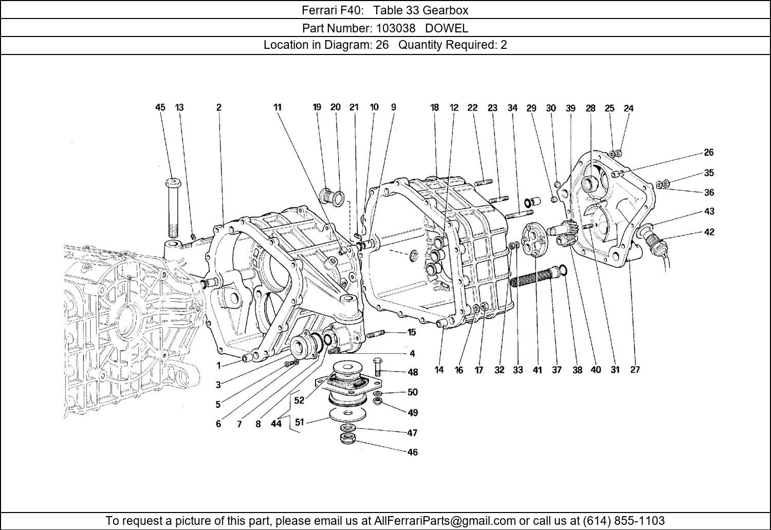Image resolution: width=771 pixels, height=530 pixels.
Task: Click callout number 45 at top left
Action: tap(160, 107)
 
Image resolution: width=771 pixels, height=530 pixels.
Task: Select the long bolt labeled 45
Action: tap(173, 208)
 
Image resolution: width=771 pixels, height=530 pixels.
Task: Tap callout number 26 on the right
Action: tap(709, 152)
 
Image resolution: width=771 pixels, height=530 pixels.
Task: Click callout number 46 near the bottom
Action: tap(412, 452)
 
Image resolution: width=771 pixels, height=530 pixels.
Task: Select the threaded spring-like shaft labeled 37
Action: tap(533, 280)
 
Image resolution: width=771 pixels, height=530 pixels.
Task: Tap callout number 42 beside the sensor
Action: tap(709, 232)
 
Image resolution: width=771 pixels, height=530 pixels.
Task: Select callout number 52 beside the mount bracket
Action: tap(299, 400)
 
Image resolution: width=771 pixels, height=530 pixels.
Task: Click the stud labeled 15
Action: tap(376, 334)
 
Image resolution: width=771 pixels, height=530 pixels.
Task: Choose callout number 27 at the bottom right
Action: tap(635, 370)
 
